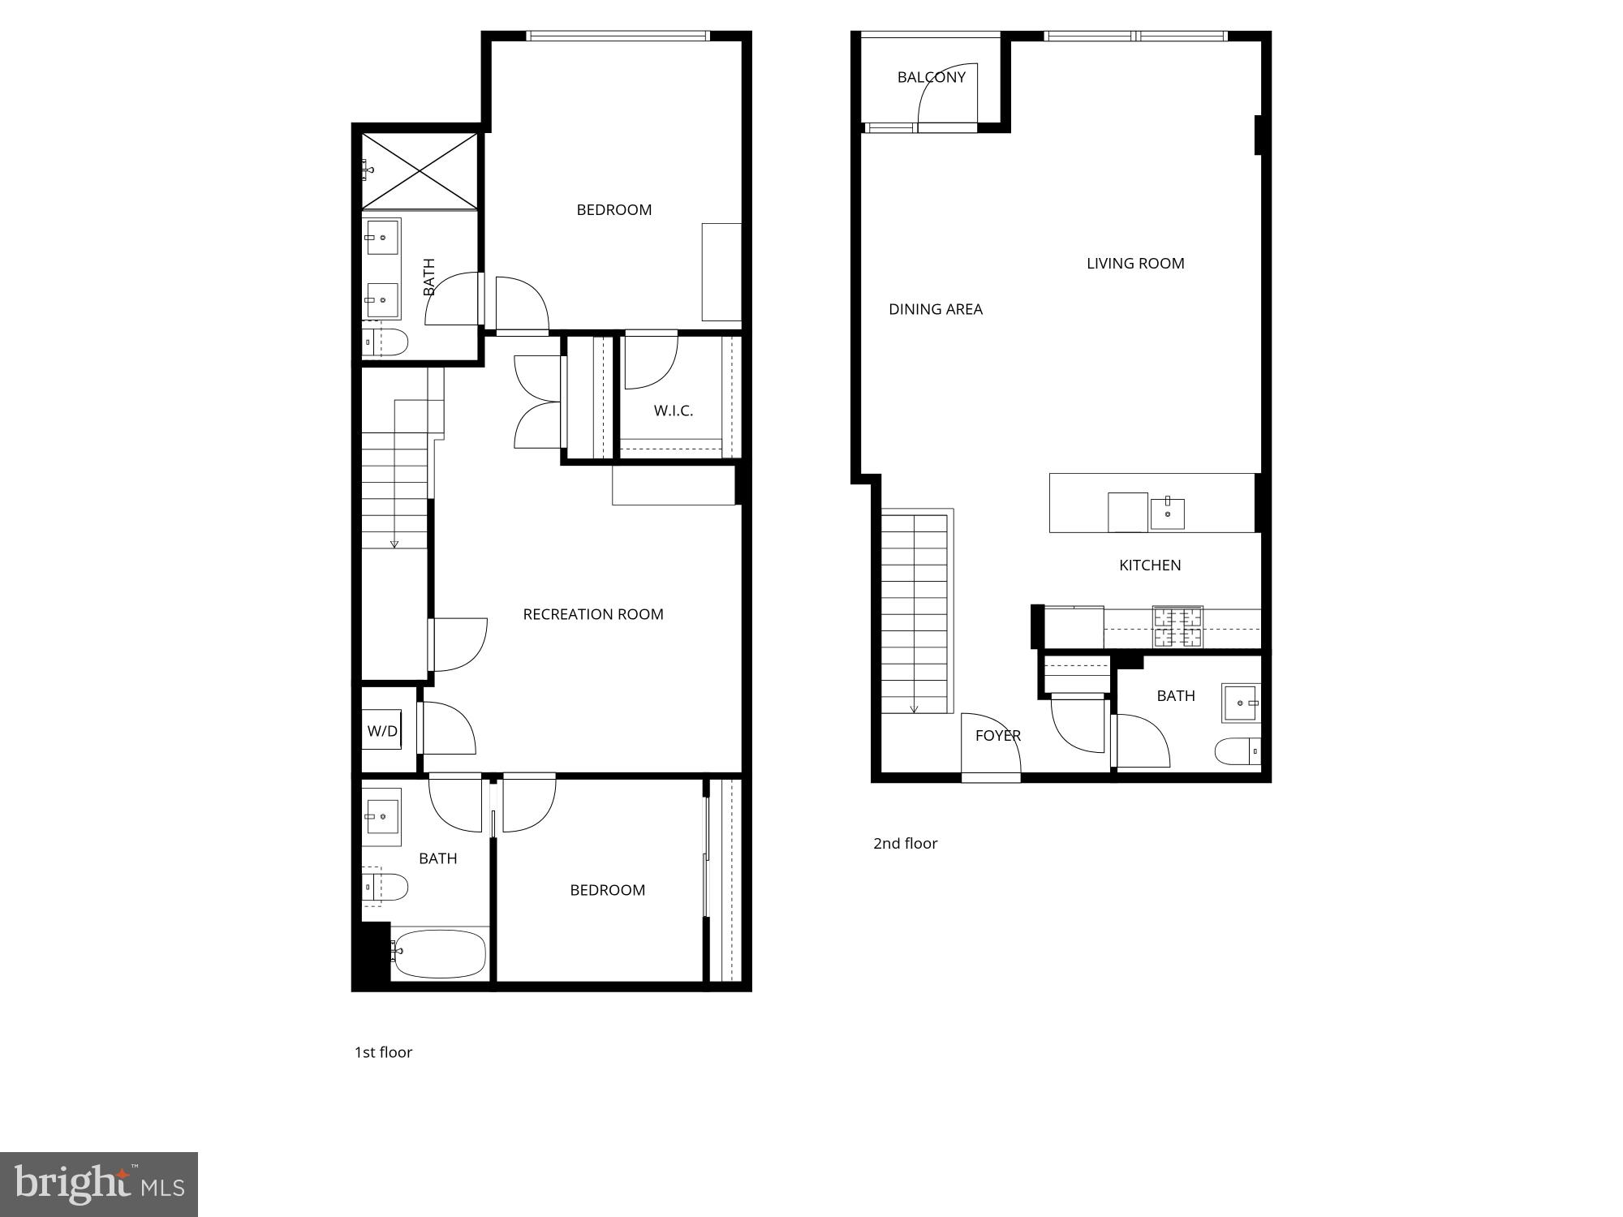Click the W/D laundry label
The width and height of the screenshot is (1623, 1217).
pyautogui.click(x=382, y=731)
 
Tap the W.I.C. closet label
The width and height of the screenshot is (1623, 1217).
pyautogui.click(x=673, y=411)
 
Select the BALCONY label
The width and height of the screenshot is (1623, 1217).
pyautogui.click(x=931, y=77)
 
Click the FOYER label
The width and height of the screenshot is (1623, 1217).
pyautogui.click(x=997, y=736)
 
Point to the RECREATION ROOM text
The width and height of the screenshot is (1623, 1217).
pyautogui.click(x=592, y=614)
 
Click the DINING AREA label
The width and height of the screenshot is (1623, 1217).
pyautogui.click(x=935, y=309)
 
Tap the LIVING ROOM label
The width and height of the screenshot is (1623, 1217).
pyautogui.click(x=1134, y=263)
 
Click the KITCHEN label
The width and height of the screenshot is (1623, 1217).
pyautogui.click(x=1149, y=565)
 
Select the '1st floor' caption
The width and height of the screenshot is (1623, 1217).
pyautogui.click(x=383, y=1052)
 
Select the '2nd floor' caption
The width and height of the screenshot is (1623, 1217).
pyautogui.click(x=905, y=844)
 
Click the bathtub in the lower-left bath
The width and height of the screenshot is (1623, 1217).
pyautogui.click(x=439, y=954)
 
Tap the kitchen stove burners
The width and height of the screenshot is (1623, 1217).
pyautogui.click(x=1177, y=627)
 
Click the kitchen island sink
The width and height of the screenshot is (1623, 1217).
pyautogui.click(x=1167, y=514)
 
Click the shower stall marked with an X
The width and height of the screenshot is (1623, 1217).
pyautogui.click(x=420, y=171)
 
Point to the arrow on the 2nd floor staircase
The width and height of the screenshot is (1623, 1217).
pyautogui.click(x=914, y=707)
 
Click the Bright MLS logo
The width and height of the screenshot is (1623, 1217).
pyautogui.click(x=99, y=1184)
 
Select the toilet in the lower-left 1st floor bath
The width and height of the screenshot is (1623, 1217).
pyautogui.click(x=387, y=887)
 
